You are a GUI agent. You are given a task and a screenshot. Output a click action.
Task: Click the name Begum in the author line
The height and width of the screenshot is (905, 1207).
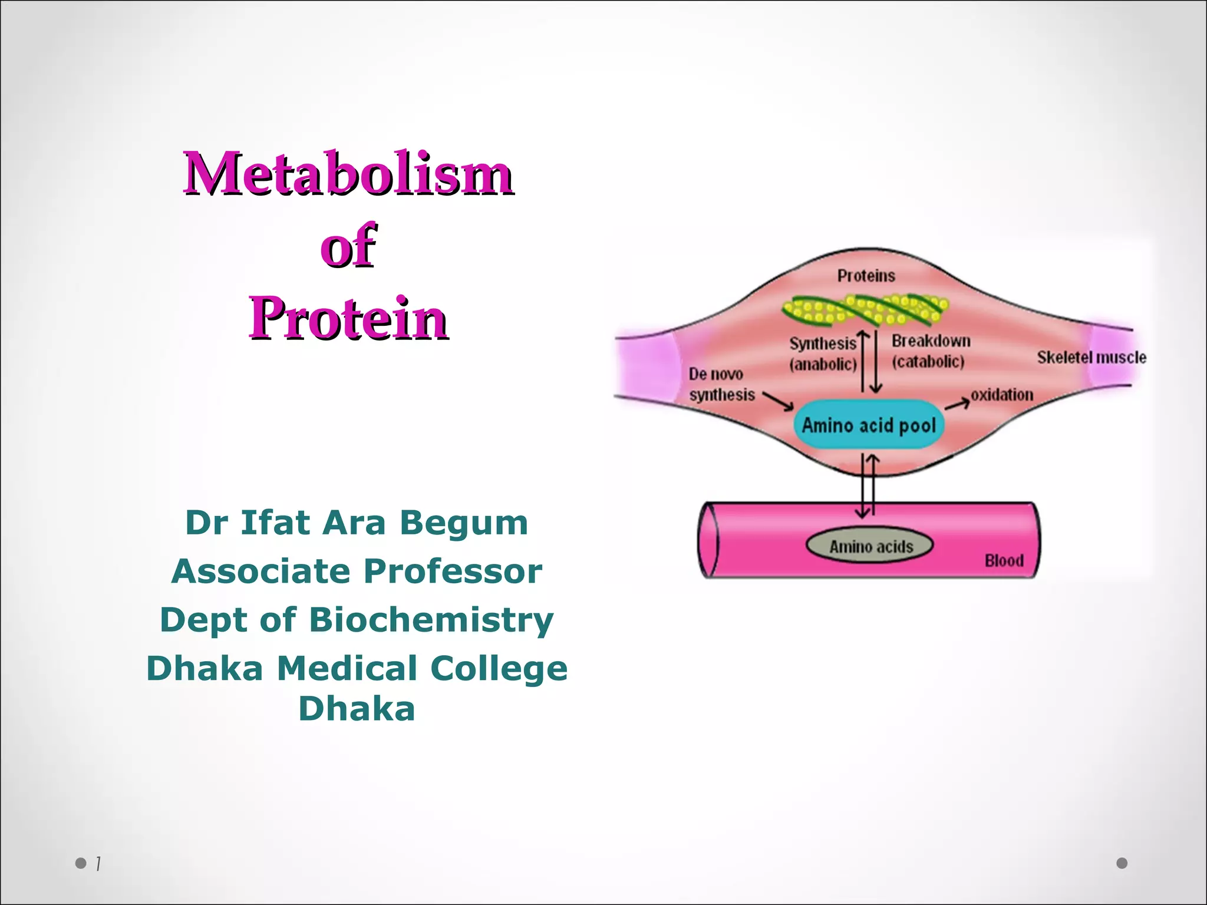[464, 523]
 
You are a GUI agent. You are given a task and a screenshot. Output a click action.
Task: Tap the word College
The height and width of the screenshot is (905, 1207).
[499, 669]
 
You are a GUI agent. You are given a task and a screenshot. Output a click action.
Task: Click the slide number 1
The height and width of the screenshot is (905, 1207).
[98, 864]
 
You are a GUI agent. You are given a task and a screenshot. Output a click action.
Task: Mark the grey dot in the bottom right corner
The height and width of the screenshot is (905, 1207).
[1122, 863]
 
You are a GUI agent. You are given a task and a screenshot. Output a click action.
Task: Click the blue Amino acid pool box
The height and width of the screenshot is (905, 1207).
[869, 425]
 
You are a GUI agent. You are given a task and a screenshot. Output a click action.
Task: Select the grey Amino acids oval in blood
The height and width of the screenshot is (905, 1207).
[870, 547]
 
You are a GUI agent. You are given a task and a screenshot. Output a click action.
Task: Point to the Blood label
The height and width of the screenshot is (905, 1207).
[1004, 560]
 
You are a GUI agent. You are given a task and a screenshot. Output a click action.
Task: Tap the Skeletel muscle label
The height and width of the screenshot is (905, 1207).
[1091, 357]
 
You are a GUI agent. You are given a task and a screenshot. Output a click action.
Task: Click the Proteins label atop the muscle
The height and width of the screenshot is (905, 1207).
[866, 276]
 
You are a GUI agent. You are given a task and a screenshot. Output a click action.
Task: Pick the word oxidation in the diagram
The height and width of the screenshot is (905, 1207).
[1002, 394]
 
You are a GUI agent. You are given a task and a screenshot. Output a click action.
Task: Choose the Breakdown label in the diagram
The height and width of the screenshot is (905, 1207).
[931, 341]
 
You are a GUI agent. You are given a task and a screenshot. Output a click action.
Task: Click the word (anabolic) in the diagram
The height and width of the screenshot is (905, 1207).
[823, 364]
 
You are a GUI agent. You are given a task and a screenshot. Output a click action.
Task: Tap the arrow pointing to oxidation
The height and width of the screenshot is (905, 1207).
[958, 404]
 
